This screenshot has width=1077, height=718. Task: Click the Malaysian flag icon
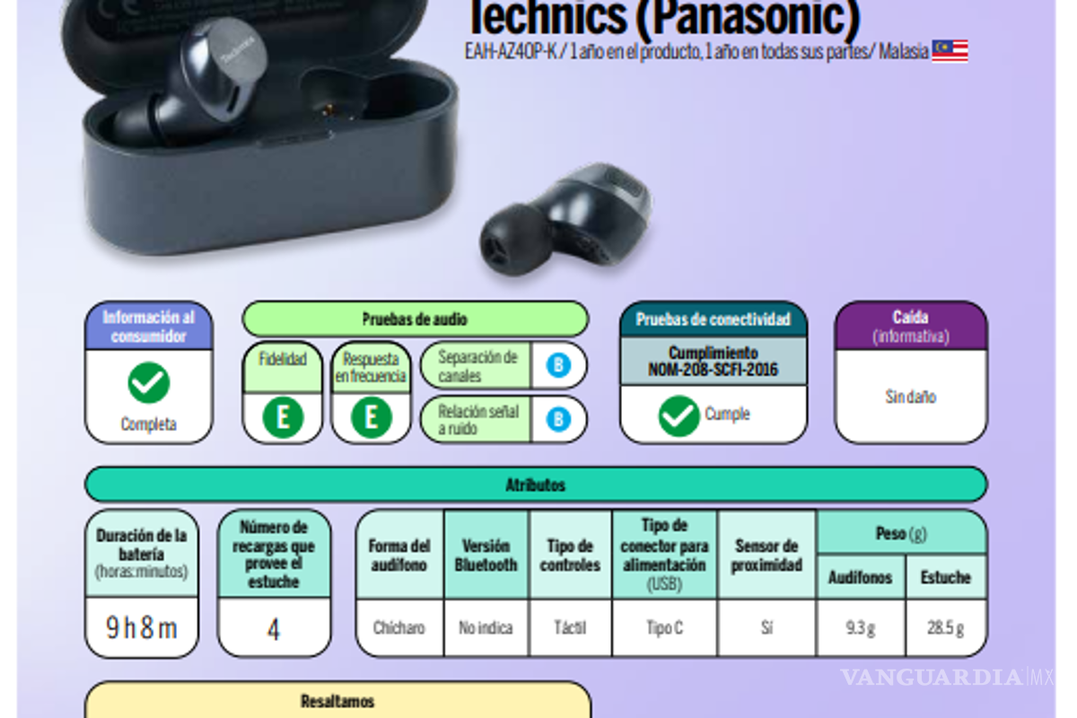pos(950,51)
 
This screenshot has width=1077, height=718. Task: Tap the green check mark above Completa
pos(148,383)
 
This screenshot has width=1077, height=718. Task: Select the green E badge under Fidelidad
pos(283,417)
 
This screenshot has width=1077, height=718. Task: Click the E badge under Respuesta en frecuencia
pos(371,417)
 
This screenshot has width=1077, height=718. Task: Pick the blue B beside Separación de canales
pos(558,365)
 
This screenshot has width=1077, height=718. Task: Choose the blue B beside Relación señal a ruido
pos(558,419)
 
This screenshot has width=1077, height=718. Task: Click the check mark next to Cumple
pos(679,416)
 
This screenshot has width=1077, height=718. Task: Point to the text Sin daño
pos(910,397)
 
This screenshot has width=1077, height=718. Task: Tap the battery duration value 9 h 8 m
pos(142,627)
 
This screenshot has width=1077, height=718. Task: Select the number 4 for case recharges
pos(274,628)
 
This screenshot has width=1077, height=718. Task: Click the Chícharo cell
pos(399,628)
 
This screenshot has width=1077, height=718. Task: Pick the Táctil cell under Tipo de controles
pos(570,628)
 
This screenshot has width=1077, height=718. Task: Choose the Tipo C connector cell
pos(664,628)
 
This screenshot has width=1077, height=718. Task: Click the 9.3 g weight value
pos(860,628)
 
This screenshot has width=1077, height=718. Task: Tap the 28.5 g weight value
pos(946,628)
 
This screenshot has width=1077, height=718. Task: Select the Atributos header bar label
pos(536,485)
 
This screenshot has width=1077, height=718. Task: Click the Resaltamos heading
pos(337,701)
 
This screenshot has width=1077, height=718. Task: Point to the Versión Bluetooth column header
pos(486,555)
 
